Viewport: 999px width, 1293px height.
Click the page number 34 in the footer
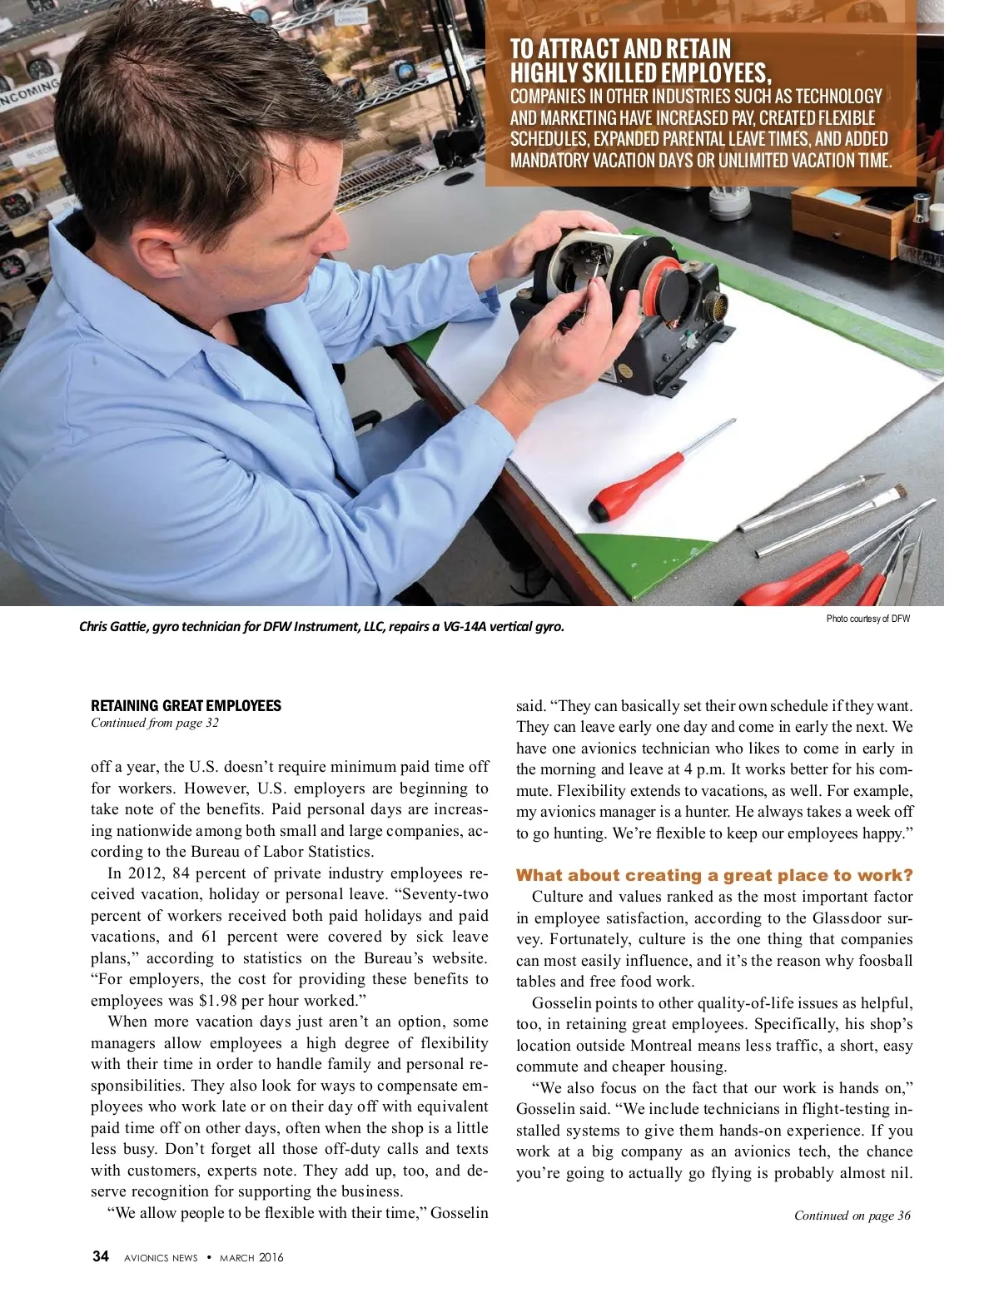(100, 1256)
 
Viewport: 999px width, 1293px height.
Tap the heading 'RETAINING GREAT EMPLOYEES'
(186, 706)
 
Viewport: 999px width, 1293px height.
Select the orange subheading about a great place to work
(714, 875)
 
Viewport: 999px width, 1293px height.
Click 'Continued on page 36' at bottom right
(852, 1216)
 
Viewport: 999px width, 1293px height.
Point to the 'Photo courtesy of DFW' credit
(867, 619)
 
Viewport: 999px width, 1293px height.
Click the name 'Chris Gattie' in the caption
(112, 626)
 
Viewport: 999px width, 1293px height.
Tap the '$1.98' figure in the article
(219, 1000)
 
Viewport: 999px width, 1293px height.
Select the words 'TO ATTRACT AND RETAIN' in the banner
(620, 49)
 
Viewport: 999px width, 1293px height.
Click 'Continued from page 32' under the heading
(154, 723)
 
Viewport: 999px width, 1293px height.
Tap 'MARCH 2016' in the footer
(251, 1257)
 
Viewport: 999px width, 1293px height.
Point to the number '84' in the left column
(181, 873)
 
